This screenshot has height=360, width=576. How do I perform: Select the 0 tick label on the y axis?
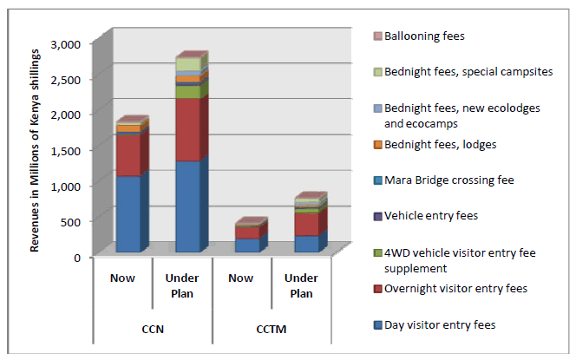click(x=76, y=257)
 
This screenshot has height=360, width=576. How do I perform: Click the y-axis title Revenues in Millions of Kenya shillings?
click(x=36, y=151)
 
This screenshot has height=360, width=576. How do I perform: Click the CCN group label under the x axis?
click(x=153, y=330)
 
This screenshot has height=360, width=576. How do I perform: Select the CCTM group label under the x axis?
click(x=271, y=330)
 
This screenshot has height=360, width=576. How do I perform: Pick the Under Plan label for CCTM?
click(x=300, y=285)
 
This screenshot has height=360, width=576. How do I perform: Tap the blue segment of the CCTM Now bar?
click(x=246, y=245)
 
